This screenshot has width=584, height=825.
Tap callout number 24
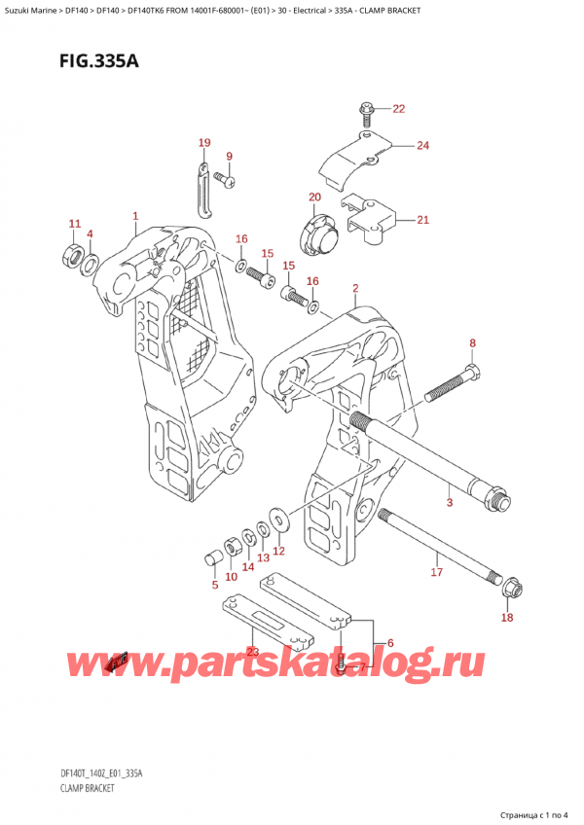[x=421, y=146]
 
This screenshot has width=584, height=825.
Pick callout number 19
[x=203, y=144]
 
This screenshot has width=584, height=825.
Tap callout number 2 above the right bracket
[x=356, y=288]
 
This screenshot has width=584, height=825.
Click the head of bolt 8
[x=472, y=374]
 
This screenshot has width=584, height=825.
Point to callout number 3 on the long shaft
[x=449, y=502]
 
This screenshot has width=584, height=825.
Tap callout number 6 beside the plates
[x=389, y=642]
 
